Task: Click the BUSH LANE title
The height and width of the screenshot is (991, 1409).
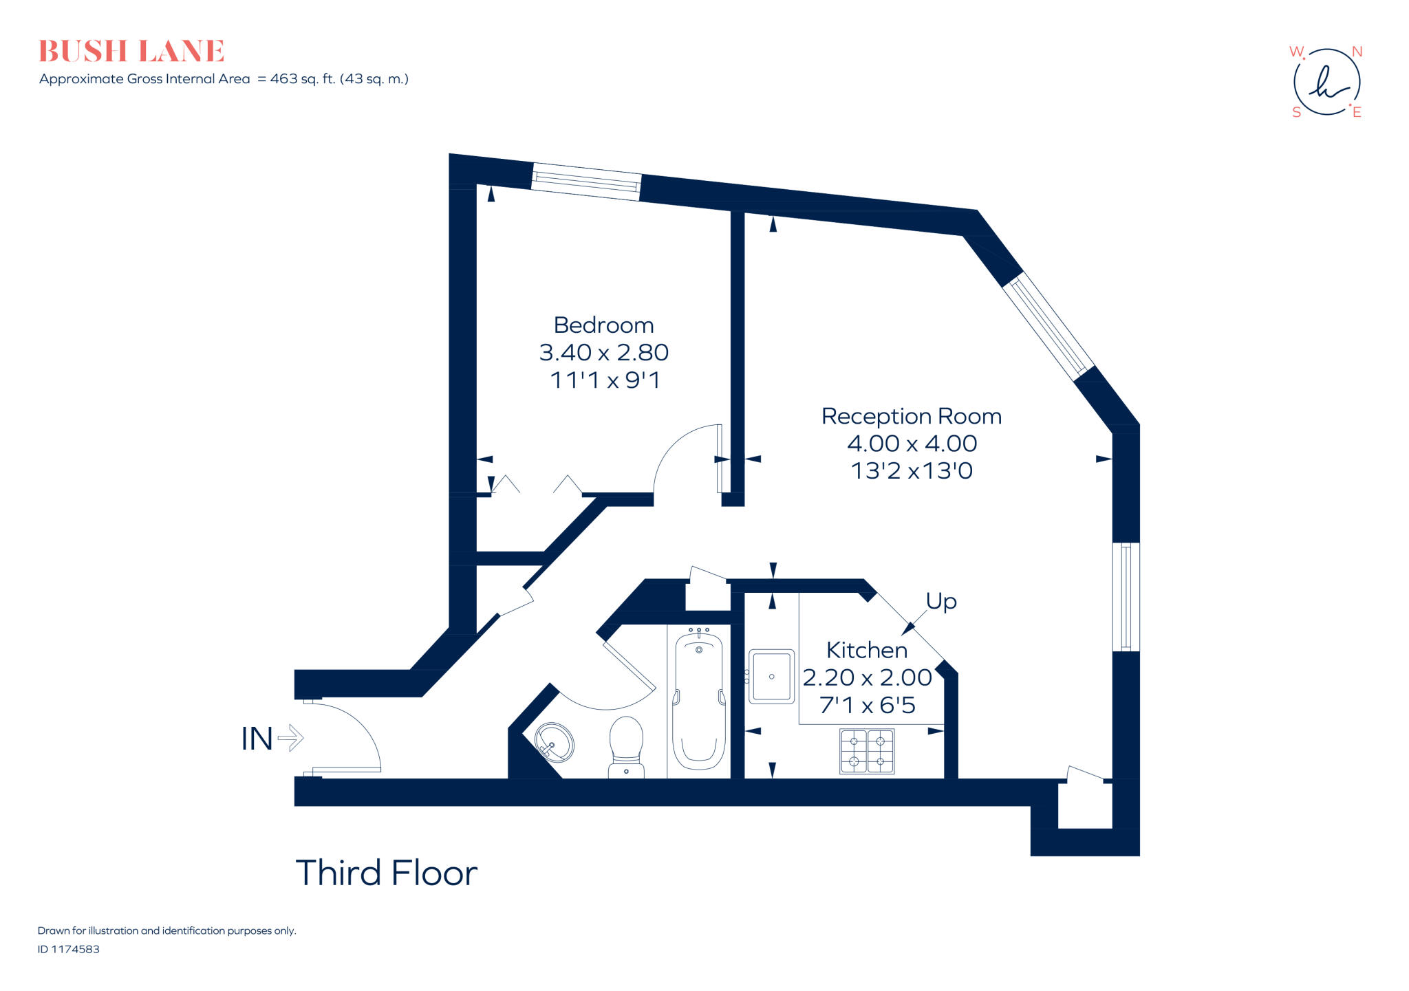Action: (x=131, y=52)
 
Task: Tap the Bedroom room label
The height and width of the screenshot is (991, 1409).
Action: (x=603, y=325)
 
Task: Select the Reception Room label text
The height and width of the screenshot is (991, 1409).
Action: (x=911, y=417)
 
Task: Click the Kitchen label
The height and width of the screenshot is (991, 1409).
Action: (x=866, y=651)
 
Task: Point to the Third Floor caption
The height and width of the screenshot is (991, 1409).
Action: (x=386, y=873)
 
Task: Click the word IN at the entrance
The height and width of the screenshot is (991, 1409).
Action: (x=257, y=739)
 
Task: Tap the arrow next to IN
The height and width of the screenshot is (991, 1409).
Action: (x=290, y=739)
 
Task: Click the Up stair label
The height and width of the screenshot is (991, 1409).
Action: (x=940, y=602)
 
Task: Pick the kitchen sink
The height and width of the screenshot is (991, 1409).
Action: (x=771, y=677)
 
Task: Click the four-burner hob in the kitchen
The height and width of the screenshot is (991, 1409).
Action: (x=867, y=752)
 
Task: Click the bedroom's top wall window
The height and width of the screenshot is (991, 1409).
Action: (x=586, y=182)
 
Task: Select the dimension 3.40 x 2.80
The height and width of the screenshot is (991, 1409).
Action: (x=603, y=353)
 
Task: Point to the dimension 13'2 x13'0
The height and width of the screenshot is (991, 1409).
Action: (x=911, y=471)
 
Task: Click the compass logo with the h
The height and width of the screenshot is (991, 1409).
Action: (x=1326, y=83)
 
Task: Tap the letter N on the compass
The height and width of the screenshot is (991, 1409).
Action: (x=1357, y=52)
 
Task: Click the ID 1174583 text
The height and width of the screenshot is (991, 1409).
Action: (x=69, y=949)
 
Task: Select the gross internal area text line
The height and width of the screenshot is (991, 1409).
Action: (x=224, y=79)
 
